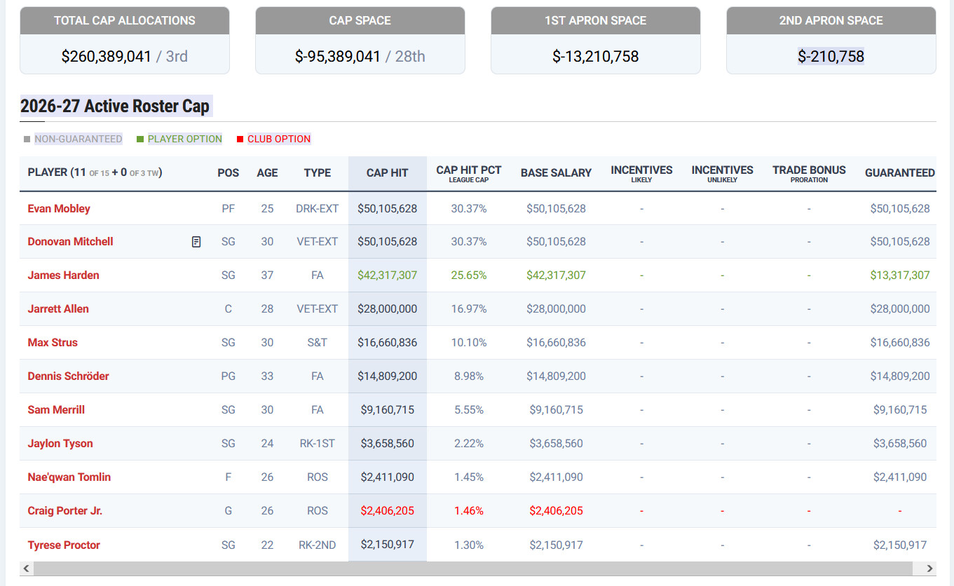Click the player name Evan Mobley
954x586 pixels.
59,209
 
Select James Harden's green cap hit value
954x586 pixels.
387,275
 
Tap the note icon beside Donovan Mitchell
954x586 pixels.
196,242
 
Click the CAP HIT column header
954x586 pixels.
387,173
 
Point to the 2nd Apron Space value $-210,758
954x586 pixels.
831,56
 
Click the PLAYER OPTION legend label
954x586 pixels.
184,139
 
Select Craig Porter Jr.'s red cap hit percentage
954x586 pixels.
468,510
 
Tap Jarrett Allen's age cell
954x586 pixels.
267,308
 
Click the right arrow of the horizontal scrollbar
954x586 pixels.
929,568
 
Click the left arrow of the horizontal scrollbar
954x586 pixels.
27,568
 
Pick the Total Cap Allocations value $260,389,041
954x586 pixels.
106,56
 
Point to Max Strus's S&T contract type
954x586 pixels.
318,342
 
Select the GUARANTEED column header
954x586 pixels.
899,173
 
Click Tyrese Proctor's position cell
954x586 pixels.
229,545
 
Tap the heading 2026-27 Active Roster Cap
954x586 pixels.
115,106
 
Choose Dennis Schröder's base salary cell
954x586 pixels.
556,376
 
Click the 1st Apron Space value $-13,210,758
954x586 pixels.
595,56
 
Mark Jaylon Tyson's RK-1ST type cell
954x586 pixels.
318,443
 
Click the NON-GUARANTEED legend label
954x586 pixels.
79,139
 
